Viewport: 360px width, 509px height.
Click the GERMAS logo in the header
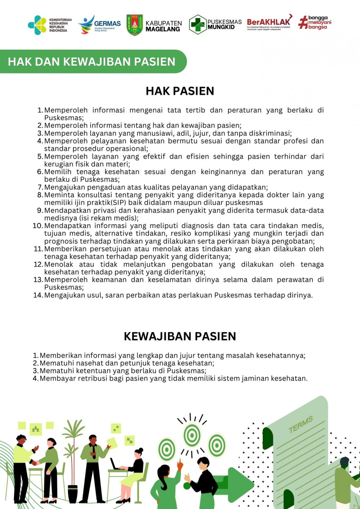(x=100, y=24)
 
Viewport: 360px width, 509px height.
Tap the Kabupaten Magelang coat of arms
(x=135, y=25)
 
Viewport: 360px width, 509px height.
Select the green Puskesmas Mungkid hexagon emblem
(x=198, y=24)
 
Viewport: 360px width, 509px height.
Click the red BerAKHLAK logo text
(x=269, y=22)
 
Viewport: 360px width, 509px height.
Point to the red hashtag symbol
(x=303, y=22)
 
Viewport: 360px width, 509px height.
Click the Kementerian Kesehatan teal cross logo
(x=37, y=25)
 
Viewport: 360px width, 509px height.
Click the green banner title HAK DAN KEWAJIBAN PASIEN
(x=91, y=62)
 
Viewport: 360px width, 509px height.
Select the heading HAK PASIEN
(x=180, y=91)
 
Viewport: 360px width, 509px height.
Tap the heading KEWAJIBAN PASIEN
(x=180, y=336)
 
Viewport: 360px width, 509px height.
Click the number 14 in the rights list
(x=38, y=295)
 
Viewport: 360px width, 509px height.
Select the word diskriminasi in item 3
(x=267, y=133)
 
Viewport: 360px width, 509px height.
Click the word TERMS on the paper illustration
(x=301, y=424)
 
